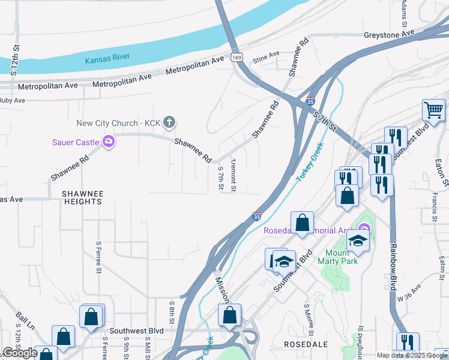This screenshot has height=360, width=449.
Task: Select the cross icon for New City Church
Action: click(x=169, y=123)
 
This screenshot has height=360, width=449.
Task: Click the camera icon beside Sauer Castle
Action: click(x=109, y=142)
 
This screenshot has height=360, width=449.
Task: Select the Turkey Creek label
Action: click(x=310, y=162)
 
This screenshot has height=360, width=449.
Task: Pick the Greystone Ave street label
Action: click(x=389, y=35)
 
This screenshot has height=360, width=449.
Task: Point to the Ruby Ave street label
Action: click(x=13, y=100)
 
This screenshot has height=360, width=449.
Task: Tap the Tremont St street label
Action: click(x=234, y=175)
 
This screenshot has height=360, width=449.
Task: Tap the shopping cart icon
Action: click(x=433, y=110)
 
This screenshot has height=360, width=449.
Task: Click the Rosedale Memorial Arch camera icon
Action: click(x=363, y=229)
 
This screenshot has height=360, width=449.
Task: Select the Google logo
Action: click(x=20, y=353)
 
